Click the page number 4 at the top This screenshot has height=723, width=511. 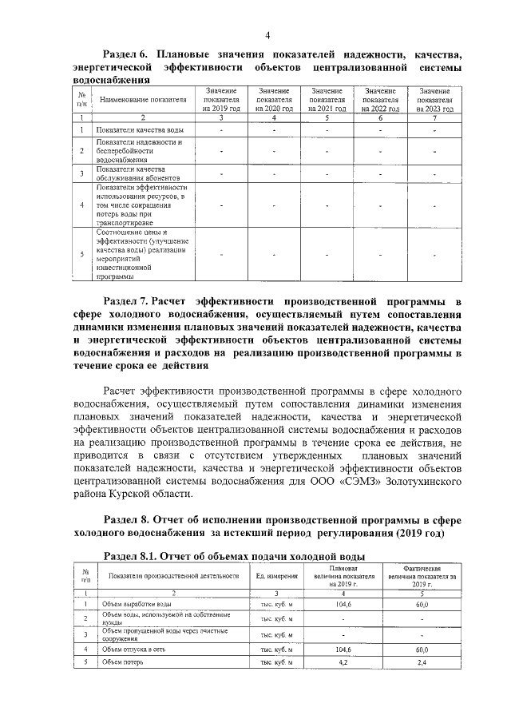tap(267, 34)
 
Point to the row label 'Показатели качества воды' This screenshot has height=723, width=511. tap(133, 129)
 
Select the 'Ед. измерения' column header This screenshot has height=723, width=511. tap(276, 576)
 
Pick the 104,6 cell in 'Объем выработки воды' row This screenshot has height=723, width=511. tap(343, 605)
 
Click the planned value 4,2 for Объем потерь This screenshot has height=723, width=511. tap(343, 664)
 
